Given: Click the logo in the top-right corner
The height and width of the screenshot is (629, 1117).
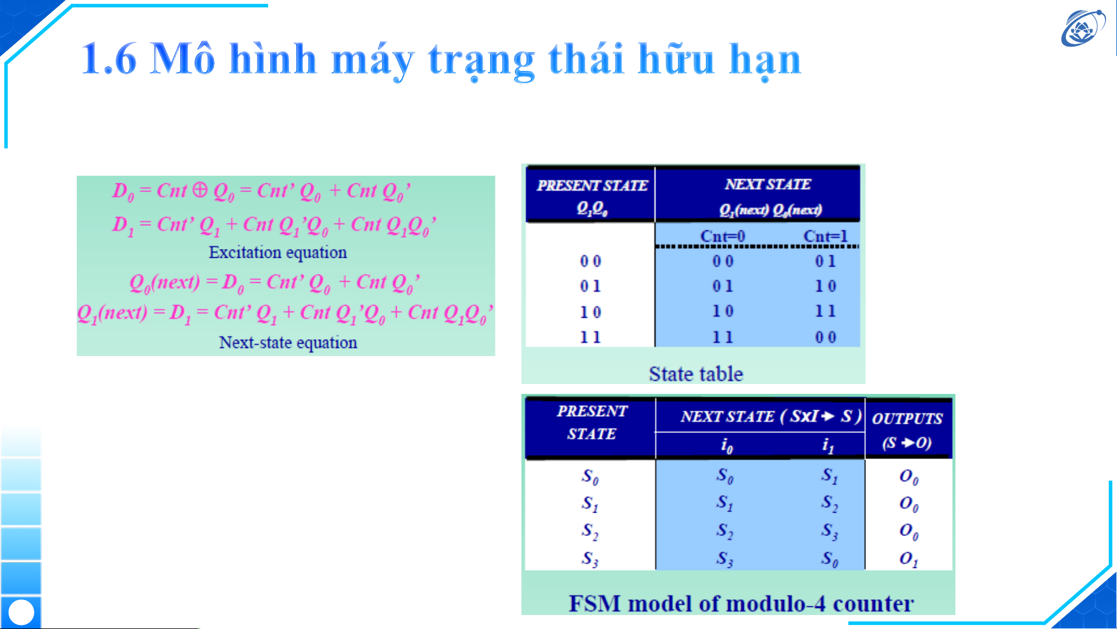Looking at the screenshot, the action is [x=1083, y=27].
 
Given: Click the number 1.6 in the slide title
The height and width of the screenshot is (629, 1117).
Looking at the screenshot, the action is [x=109, y=59].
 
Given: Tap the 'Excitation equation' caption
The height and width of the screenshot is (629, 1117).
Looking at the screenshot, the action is [x=278, y=253].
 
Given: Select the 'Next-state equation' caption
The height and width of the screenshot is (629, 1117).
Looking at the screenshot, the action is [x=288, y=342].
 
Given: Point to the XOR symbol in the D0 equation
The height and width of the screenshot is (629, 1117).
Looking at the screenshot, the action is [x=199, y=190].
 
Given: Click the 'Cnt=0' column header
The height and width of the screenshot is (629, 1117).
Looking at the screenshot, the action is [x=723, y=236].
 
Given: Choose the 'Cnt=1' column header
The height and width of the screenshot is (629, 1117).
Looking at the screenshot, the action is [x=826, y=236].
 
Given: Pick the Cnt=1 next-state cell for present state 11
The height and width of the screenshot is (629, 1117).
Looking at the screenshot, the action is [x=826, y=337].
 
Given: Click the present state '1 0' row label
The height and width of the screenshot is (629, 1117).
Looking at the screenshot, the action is [x=590, y=312].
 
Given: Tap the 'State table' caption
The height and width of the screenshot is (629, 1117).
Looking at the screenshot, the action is [x=696, y=374].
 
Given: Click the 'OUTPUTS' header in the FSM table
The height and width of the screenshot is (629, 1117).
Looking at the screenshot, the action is [x=907, y=418].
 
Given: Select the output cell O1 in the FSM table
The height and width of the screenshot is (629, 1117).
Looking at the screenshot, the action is [x=909, y=559].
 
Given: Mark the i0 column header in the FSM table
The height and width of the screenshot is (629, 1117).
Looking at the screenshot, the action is [x=727, y=446].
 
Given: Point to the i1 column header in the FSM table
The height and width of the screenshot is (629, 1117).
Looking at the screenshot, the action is [x=828, y=446].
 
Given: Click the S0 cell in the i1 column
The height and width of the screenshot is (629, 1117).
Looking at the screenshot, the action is [x=830, y=559].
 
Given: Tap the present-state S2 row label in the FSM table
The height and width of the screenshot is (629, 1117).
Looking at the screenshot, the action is [x=590, y=531].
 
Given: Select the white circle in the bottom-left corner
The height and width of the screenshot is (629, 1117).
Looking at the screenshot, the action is [x=22, y=612].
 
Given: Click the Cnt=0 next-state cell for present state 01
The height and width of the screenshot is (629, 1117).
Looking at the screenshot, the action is [x=723, y=286].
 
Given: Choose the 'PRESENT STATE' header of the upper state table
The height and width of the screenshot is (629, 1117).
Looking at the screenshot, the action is [x=592, y=186].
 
